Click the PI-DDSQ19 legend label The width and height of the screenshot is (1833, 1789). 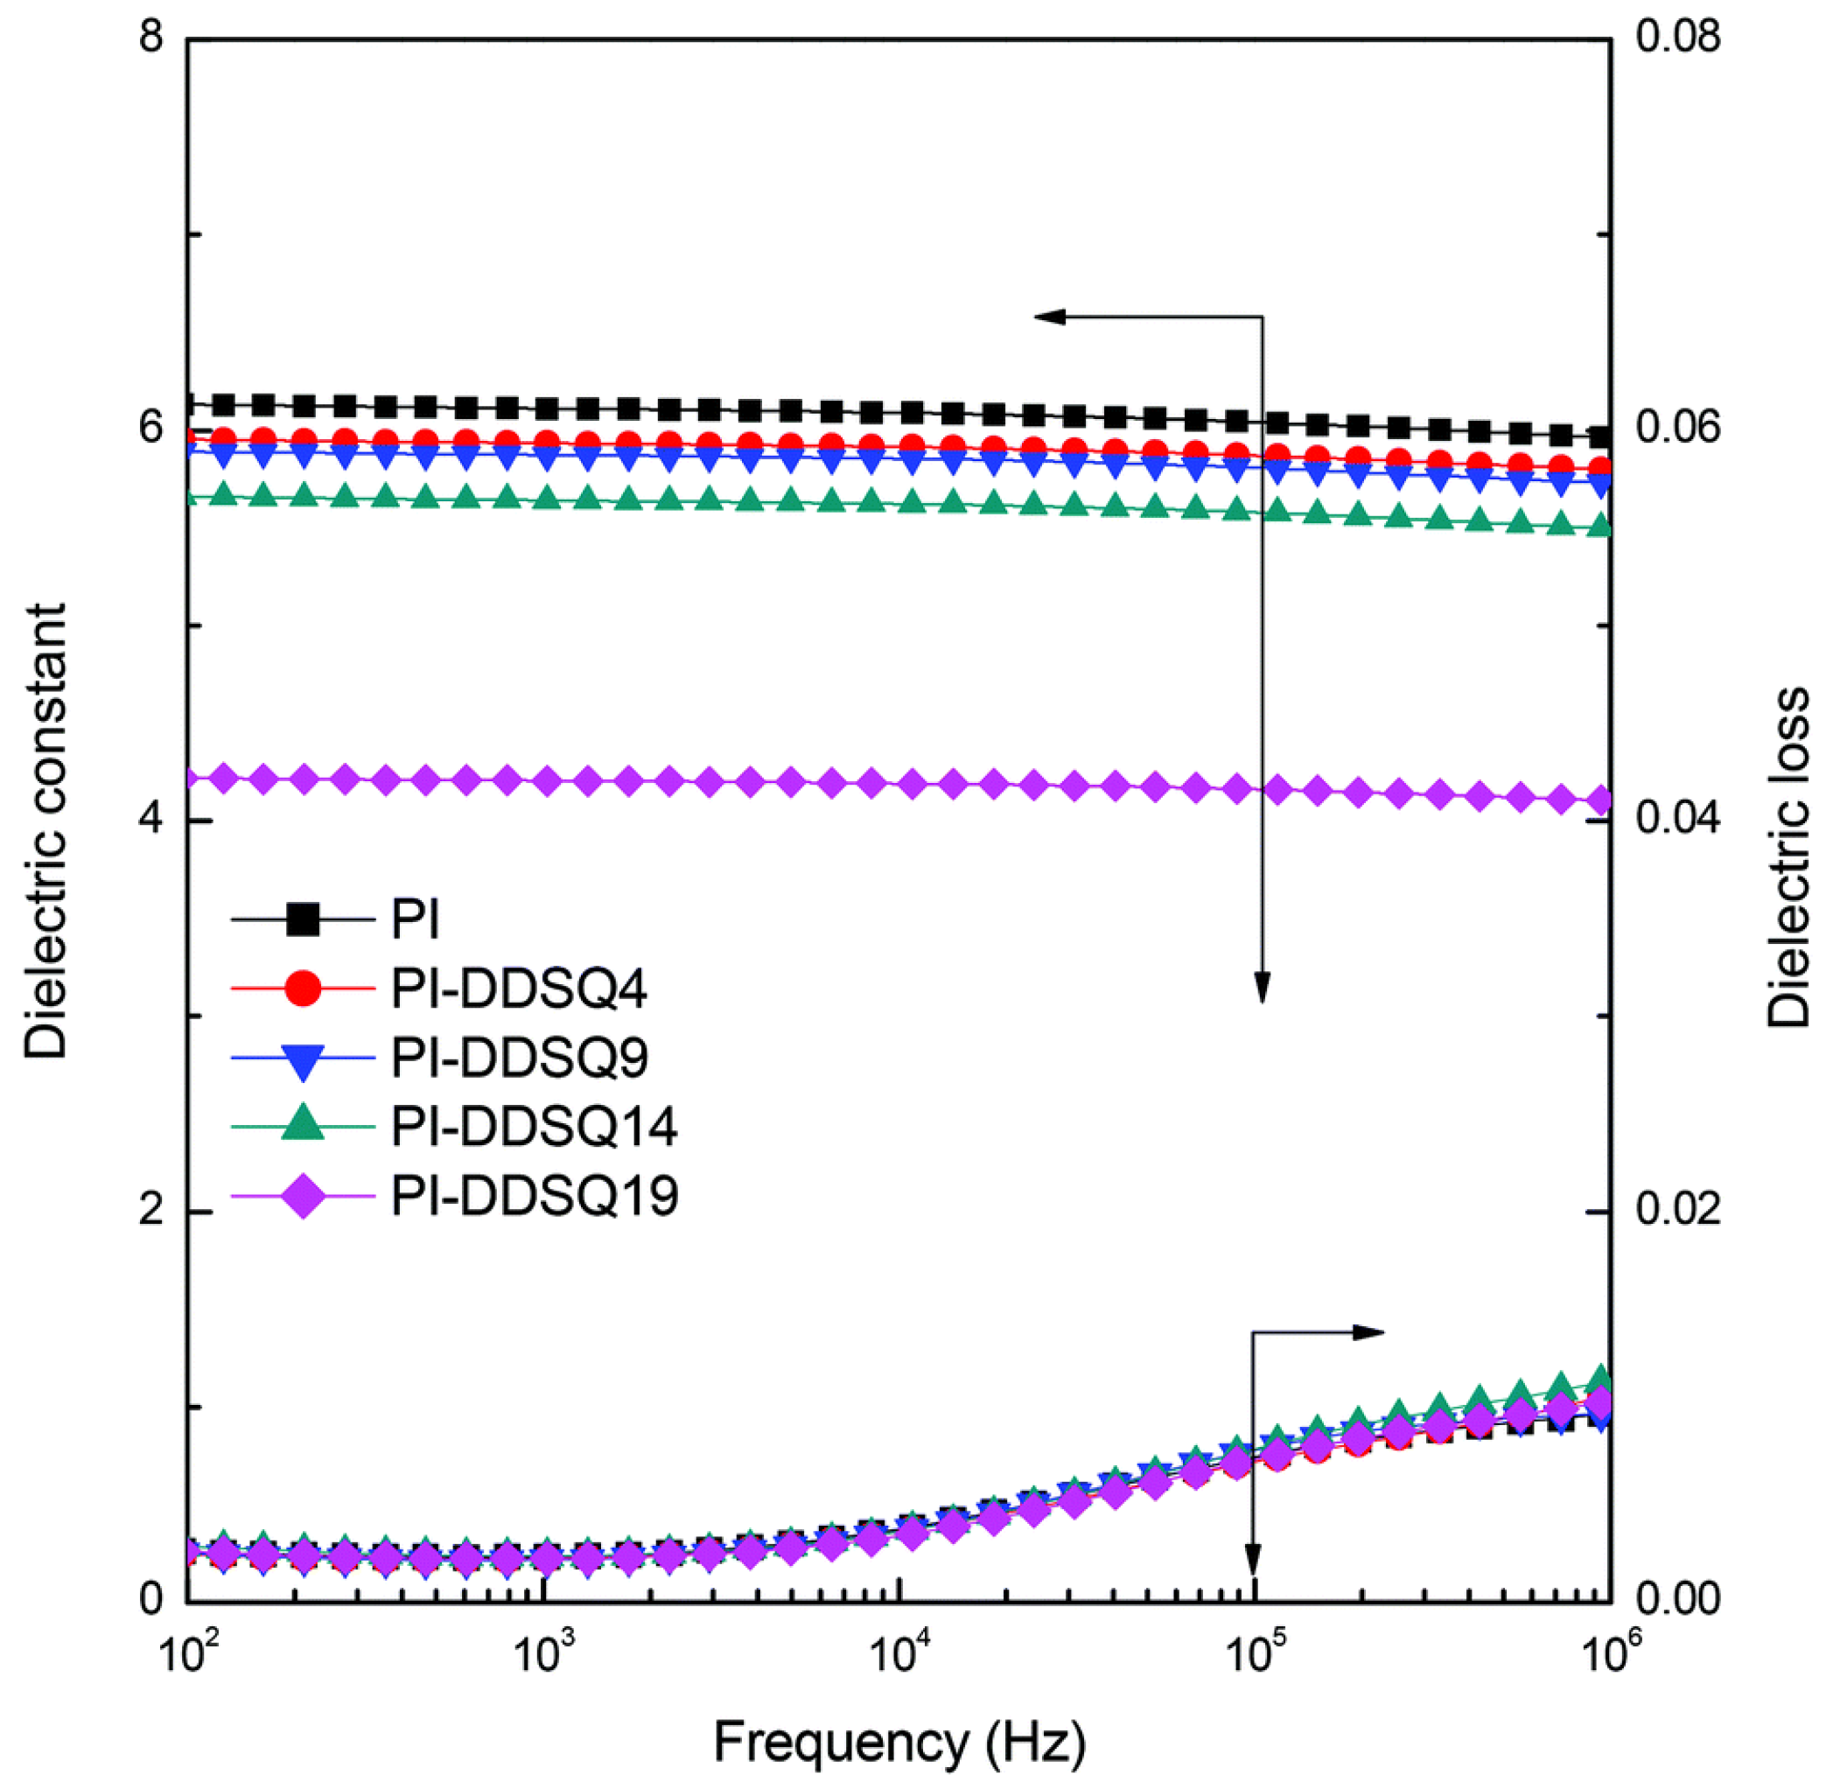pos(535,1196)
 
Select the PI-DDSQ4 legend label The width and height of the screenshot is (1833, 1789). pos(519,989)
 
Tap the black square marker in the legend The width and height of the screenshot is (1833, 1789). pos(303,919)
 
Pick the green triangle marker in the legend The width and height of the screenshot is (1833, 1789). pos(303,1124)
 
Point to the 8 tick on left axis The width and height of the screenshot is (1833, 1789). pos(150,38)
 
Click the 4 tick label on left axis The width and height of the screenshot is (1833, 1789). pos(150,820)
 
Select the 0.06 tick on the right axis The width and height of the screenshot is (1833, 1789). pos(1678,429)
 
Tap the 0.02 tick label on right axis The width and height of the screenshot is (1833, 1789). pos(1678,1209)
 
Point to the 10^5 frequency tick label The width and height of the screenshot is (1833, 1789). pos(1253,1655)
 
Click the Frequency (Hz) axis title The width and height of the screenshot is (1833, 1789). pos(899,1741)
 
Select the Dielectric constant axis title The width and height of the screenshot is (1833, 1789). pos(45,832)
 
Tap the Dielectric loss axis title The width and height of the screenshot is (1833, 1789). pos(1788,857)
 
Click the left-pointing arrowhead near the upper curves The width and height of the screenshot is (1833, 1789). pos(1047,317)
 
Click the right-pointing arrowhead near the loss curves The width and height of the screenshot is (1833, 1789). pos(1371,1331)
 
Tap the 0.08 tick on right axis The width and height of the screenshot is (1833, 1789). pos(1678,38)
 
